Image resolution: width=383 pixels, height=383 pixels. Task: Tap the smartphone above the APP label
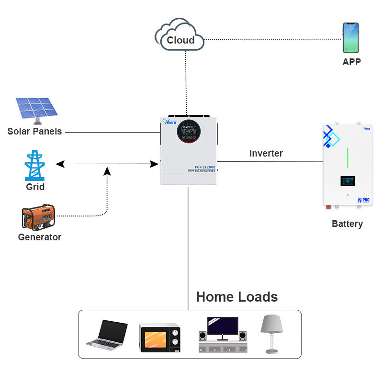click(350, 38)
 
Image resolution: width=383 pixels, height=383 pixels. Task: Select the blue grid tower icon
click(35, 165)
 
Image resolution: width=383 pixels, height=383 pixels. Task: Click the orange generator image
click(38, 217)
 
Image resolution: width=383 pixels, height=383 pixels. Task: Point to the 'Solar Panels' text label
click(34, 131)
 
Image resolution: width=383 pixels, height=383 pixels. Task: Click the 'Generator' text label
click(39, 237)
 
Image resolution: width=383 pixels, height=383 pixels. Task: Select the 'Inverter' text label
click(266, 153)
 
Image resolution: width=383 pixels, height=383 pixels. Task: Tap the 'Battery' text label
click(347, 224)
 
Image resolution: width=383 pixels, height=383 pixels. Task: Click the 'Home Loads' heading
click(237, 297)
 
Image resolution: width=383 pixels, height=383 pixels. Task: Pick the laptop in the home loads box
click(108, 334)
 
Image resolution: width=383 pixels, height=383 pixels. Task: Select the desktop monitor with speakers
click(223, 334)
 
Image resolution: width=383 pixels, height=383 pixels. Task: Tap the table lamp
click(271, 333)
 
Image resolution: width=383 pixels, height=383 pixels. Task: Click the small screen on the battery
click(348, 181)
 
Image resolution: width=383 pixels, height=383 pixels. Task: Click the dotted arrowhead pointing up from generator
click(108, 170)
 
